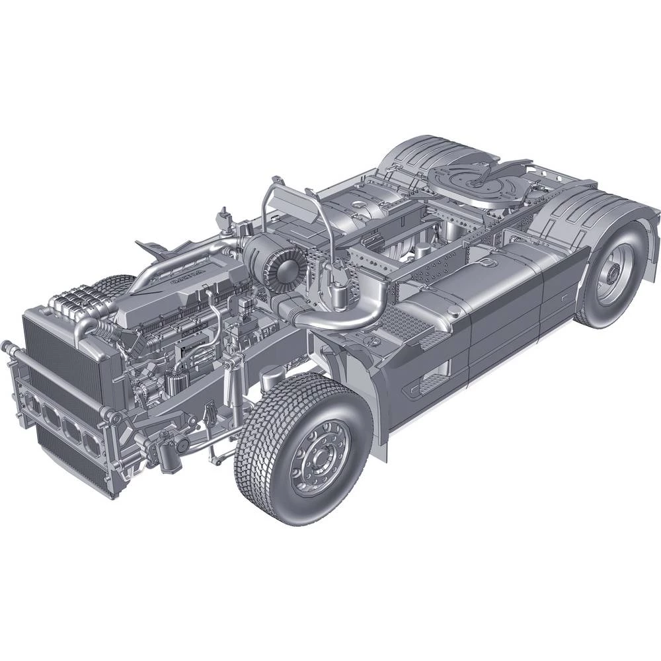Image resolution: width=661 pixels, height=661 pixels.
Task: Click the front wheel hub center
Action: (x=324, y=456)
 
